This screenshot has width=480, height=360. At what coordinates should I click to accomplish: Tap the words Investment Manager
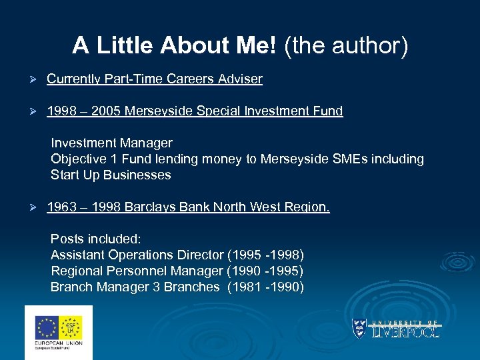(111, 143)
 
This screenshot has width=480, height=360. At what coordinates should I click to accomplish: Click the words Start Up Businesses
(111, 175)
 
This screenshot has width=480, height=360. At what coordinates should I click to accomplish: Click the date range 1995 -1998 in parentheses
(265, 255)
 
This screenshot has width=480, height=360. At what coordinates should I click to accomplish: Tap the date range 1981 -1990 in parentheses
(265, 287)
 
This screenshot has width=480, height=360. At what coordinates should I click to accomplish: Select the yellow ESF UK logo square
(71, 328)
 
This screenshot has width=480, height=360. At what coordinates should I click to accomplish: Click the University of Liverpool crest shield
(360, 327)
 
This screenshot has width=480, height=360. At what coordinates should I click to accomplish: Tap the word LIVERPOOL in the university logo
(406, 331)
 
